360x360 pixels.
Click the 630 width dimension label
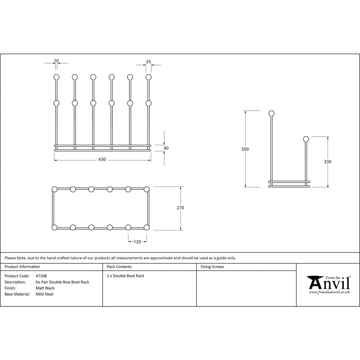pos(102,159)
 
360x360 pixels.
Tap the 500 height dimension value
pos(246,149)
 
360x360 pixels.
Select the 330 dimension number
pos(328,162)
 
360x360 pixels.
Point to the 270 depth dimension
pos(180,208)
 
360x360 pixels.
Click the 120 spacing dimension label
pos(137,242)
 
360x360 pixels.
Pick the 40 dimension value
pos(166,148)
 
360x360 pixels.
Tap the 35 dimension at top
pos(148,62)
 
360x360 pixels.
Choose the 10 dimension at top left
pos(56,60)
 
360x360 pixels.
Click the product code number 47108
pos(41,276)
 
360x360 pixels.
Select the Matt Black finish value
pos(45,288)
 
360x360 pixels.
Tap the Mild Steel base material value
pos(45,294)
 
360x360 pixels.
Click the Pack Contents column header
pos(119,267)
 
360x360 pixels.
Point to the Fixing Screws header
pos(212,267)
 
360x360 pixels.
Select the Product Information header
pos(22,267)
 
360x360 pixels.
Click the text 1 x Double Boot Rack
pos(125,276)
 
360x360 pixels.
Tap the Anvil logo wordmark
pos(329,283)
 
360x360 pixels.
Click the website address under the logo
pos(329,292)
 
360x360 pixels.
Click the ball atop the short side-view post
pos(306,139)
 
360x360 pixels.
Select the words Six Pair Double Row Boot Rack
pos(62,282)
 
